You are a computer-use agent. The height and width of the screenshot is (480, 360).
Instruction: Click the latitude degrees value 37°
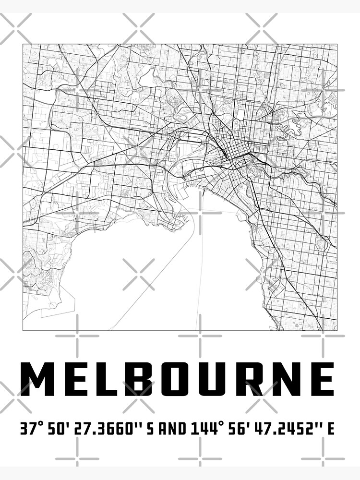(29, 429)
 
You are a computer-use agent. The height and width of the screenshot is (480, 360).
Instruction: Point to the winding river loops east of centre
(288, 127)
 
